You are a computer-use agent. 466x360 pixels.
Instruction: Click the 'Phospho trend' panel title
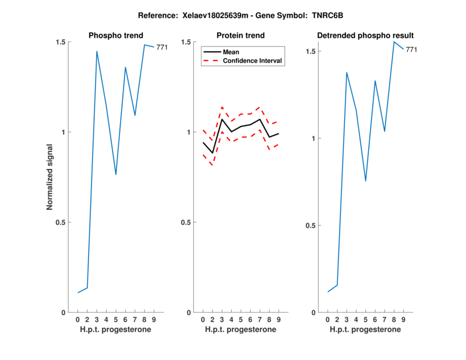pos(116,36)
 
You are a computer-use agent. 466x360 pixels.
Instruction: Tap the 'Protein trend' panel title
pos(241,36)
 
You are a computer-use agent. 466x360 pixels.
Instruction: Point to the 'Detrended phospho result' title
pos(365,36)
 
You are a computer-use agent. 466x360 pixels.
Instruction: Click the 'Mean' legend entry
pos(228,52)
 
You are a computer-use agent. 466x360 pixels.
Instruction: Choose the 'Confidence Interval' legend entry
pos(250,61)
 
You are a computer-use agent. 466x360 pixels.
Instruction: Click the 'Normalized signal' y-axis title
pos(50,177)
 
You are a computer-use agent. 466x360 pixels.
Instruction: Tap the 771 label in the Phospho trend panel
pos(162,47)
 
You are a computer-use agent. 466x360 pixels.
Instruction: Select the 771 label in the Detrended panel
pos(411,50)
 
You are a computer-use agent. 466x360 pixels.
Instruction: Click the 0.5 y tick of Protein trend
pos(186,222)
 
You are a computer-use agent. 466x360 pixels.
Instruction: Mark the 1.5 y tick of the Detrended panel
pos(310,51)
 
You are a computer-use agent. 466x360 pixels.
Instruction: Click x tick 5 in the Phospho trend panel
pos(116,319)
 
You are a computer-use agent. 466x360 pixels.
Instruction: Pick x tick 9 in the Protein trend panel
pos(279,319)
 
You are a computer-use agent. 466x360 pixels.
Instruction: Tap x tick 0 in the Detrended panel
pos(327,319)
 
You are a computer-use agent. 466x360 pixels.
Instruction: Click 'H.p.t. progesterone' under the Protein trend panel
pos(241,329)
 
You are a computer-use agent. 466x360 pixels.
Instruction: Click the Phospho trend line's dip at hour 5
pos(116,175)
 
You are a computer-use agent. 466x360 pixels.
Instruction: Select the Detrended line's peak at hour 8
pos(394,41)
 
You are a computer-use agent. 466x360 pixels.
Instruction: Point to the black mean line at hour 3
pos(222,119)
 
